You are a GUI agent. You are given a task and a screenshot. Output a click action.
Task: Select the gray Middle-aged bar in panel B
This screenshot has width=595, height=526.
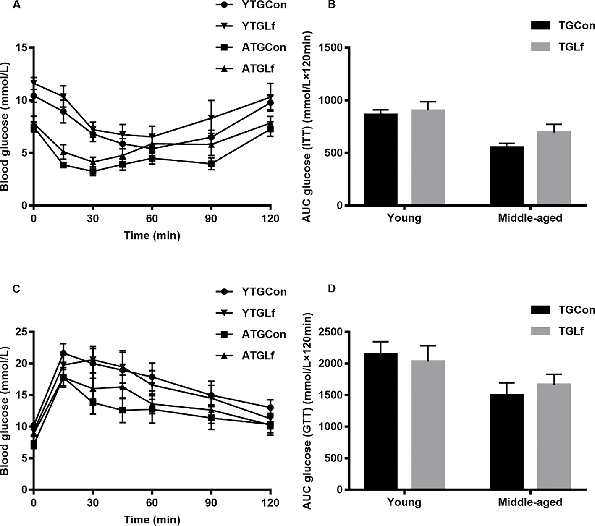554,168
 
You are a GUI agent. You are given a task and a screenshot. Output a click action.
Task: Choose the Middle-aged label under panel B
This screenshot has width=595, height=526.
530,218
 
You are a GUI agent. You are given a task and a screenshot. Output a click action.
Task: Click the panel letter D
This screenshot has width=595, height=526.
332,289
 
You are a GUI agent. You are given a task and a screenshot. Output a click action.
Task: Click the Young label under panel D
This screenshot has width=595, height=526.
404,502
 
